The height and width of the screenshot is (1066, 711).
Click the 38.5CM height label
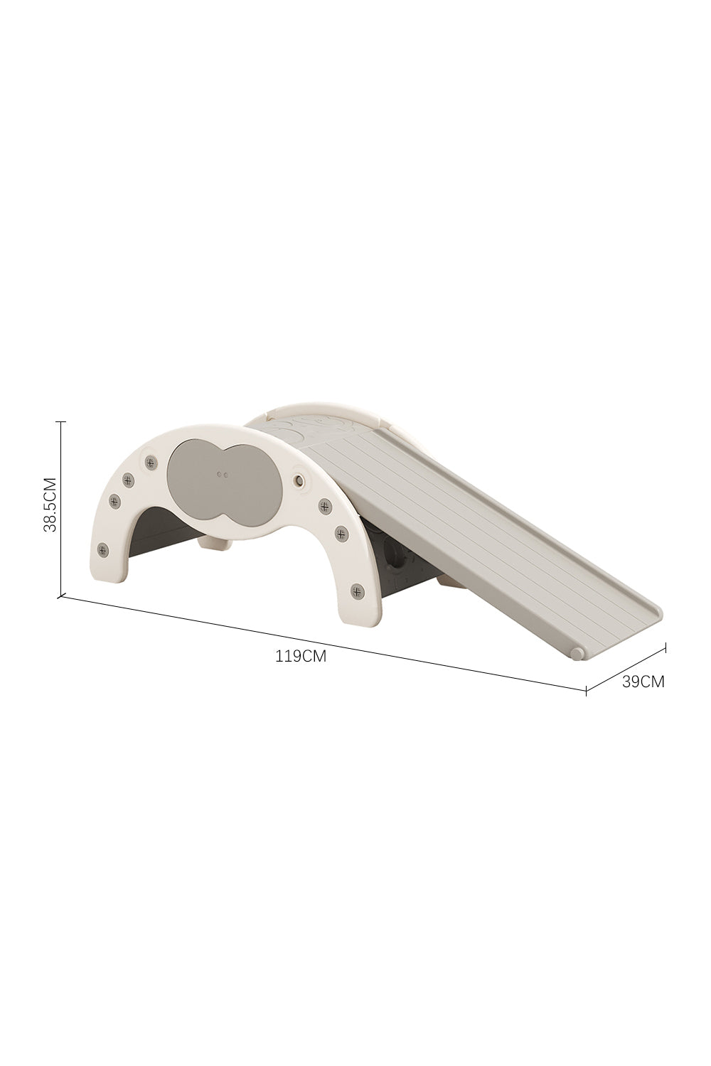coord(50,505)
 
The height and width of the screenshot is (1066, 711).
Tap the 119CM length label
coord(301,656)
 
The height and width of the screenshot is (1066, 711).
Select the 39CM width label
coord(643,682)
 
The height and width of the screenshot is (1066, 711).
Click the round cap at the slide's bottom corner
coord(577,653)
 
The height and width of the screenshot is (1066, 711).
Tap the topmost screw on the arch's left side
coord(151,462)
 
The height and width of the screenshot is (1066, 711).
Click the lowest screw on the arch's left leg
coord(102,551)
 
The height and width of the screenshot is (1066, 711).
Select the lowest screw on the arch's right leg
coord(357,591)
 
